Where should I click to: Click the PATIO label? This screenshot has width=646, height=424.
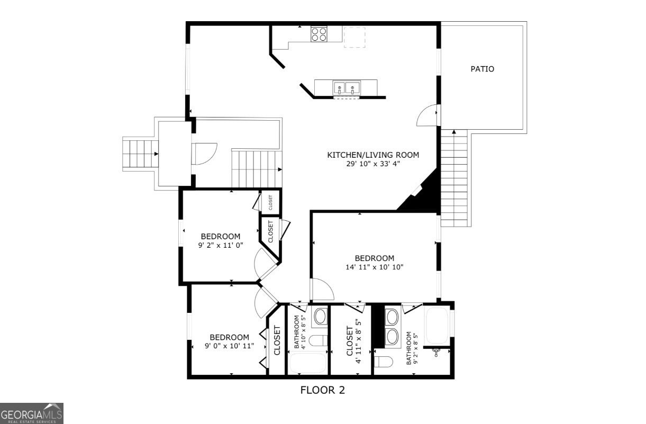(x=482, y=69)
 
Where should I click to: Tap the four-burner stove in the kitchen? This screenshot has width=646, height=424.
(x=319, y=34)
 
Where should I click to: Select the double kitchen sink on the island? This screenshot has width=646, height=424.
(x=346, y=88)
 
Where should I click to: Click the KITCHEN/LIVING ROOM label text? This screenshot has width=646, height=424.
(x=373, y=155)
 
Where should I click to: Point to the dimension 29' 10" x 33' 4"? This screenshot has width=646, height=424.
(x=373, y=164)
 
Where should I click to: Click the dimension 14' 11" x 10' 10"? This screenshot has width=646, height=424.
(x=375, y=267)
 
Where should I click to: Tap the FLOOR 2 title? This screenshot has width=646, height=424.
(x=322, y=390)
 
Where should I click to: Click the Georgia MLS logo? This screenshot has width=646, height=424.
(x=32, y=413)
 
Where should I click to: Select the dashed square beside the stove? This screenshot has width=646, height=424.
(x=354, y=37)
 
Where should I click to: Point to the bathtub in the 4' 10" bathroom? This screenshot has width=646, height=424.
(x=308, y=363)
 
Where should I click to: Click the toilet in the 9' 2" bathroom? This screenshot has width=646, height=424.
(x=384, y=362)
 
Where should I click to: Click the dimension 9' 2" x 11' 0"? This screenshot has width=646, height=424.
(x=221, y=246)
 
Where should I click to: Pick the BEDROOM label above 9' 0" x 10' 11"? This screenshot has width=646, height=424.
(x=230, y=337)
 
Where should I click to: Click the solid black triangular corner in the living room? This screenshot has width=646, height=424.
(x=424, y=196)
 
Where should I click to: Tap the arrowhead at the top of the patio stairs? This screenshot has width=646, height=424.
(x=454, y=132)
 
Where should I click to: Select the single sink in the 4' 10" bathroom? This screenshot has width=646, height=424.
(x=320, y=317)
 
